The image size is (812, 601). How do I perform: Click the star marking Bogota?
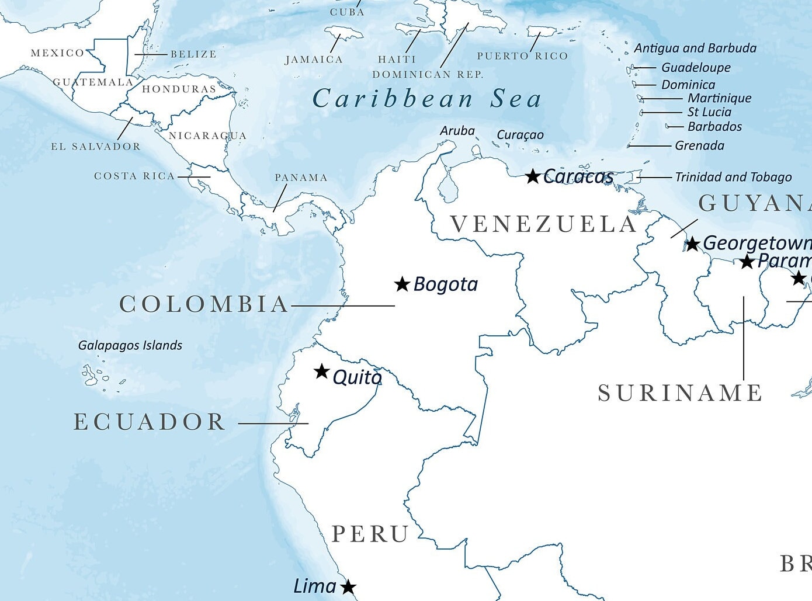[x=402, y=284]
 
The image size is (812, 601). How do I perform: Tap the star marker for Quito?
[x=321, y=371]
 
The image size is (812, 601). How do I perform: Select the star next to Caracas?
[x=532, y=176]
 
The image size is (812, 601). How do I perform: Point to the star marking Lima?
[x=348, y=587]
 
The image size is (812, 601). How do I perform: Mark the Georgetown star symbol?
[x=692, y=244]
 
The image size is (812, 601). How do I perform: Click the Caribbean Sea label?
[x=427, y=99]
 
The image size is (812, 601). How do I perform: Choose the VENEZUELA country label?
[x=543, y=224]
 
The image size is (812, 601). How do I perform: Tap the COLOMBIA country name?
[x=204, y=304]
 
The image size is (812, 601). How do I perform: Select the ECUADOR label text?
[x=150, y=422]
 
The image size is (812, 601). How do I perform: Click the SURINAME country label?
[x=680, y=393]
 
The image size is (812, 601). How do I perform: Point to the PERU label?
[x=370, y=534]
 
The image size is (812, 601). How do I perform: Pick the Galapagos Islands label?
[x=130, y=345]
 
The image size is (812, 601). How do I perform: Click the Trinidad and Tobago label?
[x=733, y=177]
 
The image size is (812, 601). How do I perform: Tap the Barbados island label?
[x=714, y=127]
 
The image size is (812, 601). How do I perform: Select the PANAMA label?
[x=301, y=178]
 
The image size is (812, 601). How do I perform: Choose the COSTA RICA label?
[x=134, y=176]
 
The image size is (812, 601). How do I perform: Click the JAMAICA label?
[x=314, y=60]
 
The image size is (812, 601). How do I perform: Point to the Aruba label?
[x=457, y=131]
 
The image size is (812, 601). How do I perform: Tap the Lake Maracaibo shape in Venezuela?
[x=448, y=188]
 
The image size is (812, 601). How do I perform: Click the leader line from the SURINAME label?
[x=744, y=339]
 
